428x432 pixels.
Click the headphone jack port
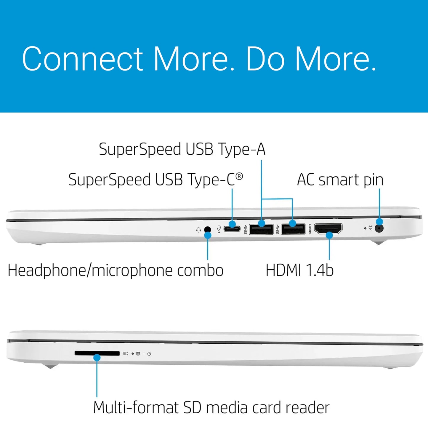[x=208, y=229]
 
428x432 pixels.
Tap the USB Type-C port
[x=232, y=229]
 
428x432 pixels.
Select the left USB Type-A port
[x=261, y=229]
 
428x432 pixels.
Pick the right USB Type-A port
[x=293, y=229]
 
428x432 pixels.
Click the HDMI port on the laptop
[x=328, y=229]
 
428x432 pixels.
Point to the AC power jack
[x=379, y=229]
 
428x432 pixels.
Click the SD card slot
[x=97, y=353]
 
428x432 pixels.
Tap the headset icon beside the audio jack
[x=198, y=230]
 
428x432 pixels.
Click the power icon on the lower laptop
[x=149, y=354]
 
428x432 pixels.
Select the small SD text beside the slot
[x=125, y=353]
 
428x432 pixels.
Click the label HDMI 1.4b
[x=299, y=270]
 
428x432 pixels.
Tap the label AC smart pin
[x=340, y=180]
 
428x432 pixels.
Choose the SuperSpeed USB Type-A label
[x=182, y=150]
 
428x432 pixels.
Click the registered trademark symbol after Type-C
[x=239, y=176]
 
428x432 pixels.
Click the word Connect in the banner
[x=82, y=59]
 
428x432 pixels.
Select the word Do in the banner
[x=266, y=59]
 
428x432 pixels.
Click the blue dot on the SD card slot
[x=97, y=357]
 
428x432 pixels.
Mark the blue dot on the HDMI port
[x=329, y=235]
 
